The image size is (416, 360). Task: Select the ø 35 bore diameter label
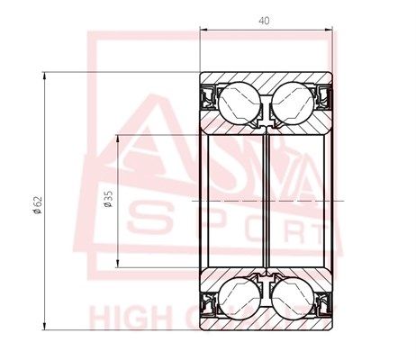pyautogui.click(x=109, y=199)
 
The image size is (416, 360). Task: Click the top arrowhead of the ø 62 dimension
pyautogui.click(x=45, y=76)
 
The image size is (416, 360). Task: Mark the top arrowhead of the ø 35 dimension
pyautogui.click(x=118, y=138)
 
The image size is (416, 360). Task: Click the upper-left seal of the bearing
pyautogui.click(x=208, y=94)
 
